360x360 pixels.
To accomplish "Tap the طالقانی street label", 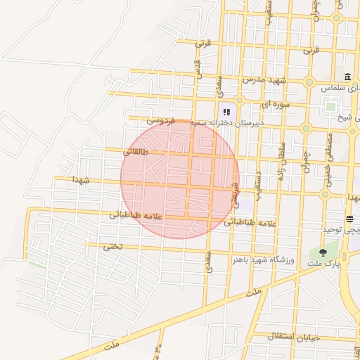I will click(x=135, y=150).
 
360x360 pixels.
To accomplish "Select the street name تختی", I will click(x=112, y=246).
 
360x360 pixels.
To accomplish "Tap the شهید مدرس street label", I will click(x=262, y=79).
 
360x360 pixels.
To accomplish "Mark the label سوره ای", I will click(x=256, y=104).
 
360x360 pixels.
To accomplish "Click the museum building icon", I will click(x=347, y=77).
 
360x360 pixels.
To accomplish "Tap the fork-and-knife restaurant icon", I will click(x=226, y=110).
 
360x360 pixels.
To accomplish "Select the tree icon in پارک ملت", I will click(x=323, y=252).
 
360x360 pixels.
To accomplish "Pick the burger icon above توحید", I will click(x=349, y=219).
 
